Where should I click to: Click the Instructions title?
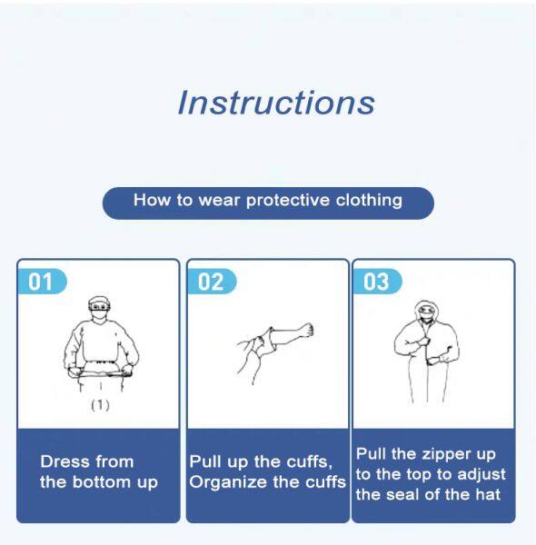276,102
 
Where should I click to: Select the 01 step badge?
42,282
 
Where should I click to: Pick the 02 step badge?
212,282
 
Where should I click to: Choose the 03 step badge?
377,282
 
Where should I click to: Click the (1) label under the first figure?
100,405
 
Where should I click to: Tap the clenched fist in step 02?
306,331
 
